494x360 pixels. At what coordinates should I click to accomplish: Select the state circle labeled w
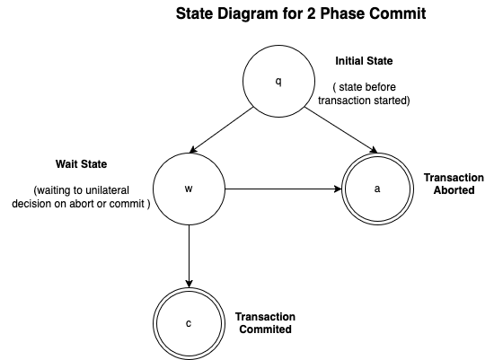tap(189, 189)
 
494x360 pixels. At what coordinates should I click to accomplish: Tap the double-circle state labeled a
tap(376, 189)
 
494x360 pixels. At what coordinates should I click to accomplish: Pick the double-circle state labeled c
tap(189, 322)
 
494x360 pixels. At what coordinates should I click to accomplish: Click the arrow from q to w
tap(234, 135)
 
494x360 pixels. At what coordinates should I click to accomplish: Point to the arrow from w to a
tap(283, 189)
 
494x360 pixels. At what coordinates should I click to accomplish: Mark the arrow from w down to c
tap(189, 256)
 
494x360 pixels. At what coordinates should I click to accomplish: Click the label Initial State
tap(364, 61)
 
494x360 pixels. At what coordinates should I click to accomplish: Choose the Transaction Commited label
tap(265, 323)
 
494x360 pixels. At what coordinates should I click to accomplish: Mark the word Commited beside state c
tap(265, 329)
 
